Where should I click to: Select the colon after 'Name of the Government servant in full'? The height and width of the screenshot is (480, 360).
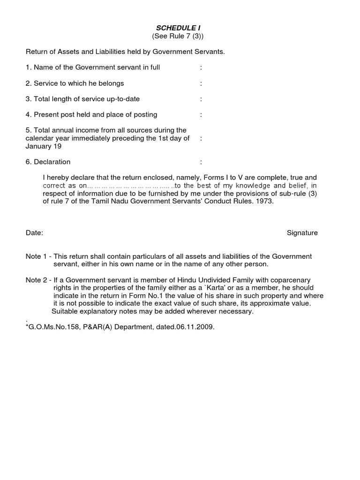click(x=201, y=67)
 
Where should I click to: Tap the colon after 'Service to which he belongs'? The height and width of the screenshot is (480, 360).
click(x=201, y=83)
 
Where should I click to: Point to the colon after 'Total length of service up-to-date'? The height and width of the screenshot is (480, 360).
click(x=201, y=99)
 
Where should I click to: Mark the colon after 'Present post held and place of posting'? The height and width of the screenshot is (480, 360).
click(x=201, y=115)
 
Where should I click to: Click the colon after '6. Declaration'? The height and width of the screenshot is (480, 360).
click(x=201, y=162)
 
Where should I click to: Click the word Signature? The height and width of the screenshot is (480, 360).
click(x=302, y=233)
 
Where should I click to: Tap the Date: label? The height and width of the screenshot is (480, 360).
click(x=35, y=233)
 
